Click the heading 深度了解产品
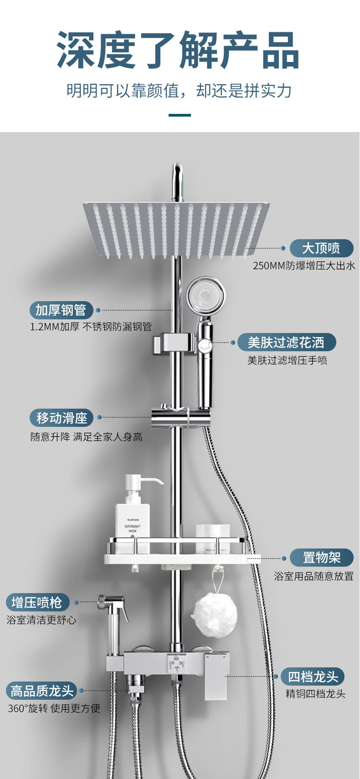point(179,50)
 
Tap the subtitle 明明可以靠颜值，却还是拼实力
point(179,91)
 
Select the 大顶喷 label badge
point(321,248)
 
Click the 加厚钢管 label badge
point(61,310)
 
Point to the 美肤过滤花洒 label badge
point(286,343)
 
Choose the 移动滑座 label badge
point(62,418)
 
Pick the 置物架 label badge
point(322,557)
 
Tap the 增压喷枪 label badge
point(37,602)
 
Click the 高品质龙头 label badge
point(42,691)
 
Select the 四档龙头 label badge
point(313,676)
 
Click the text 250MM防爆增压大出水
point(304,266)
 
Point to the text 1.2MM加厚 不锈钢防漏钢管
point(91,327)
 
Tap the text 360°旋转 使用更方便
point(54,708)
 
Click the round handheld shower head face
point(206,297)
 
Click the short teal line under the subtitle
point(180,115)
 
